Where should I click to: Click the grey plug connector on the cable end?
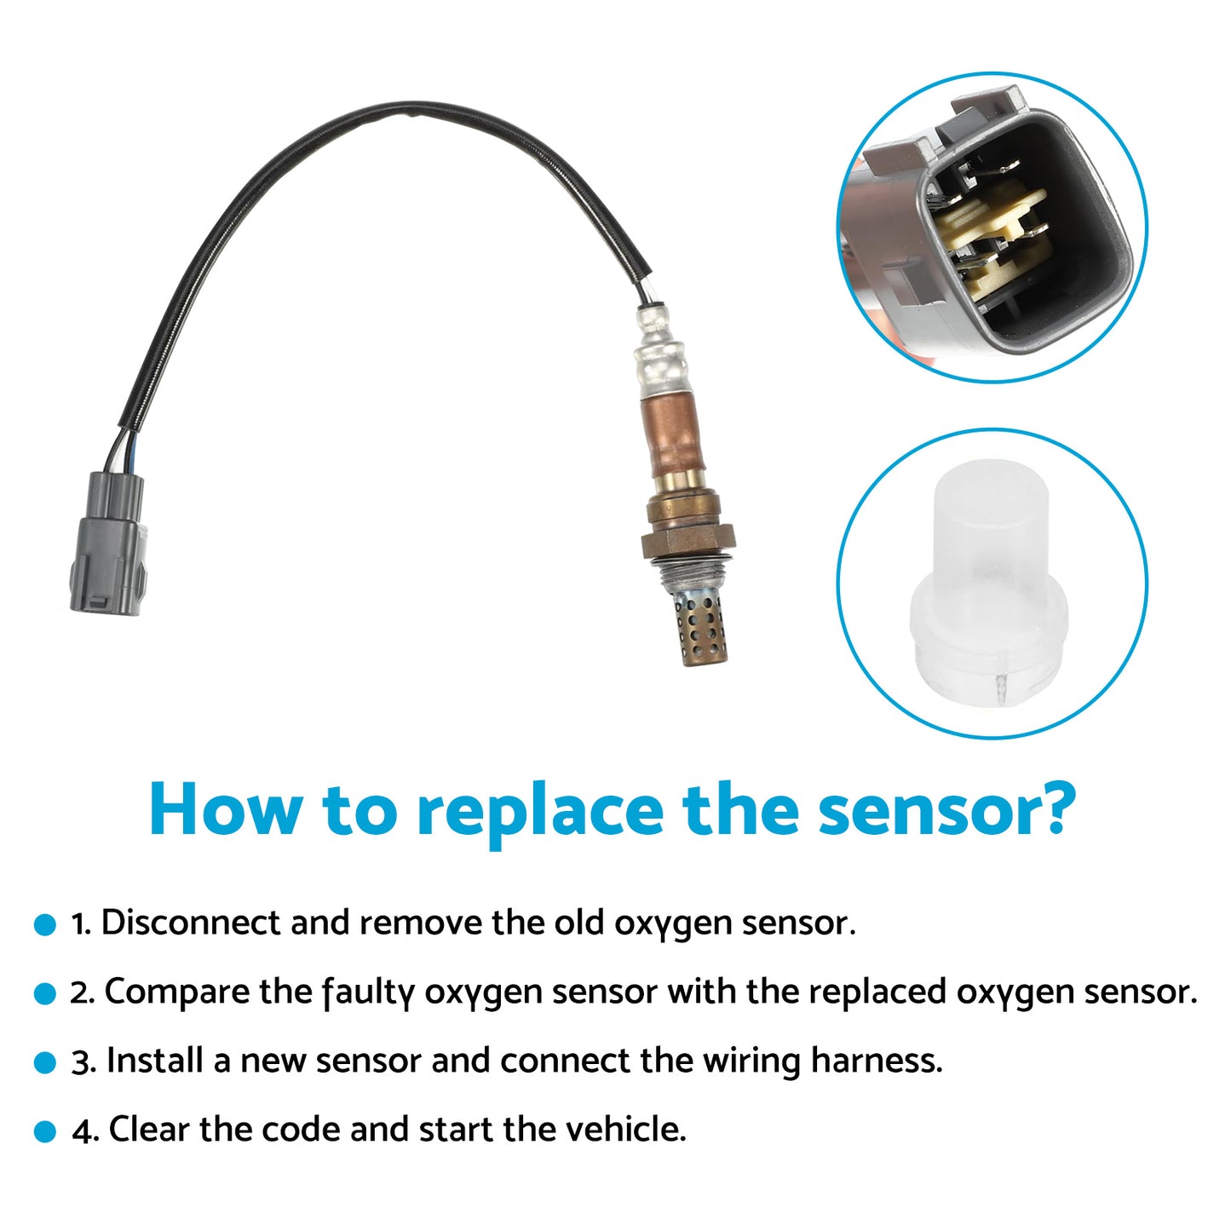tap(108, 545)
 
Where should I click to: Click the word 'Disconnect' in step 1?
tap(191, 923)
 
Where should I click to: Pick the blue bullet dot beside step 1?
tap(44, 925)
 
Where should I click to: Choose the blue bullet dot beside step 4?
tap(44, 1132)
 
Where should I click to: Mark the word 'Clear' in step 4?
tap(150, 1130)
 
